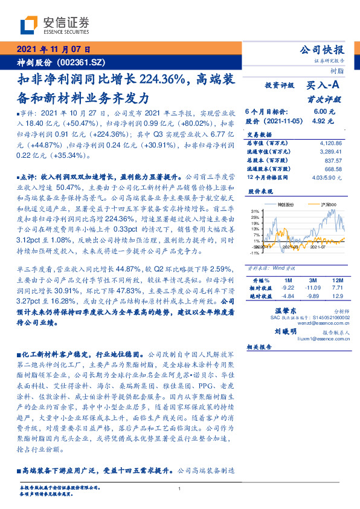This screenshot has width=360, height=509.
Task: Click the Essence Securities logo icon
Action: pyautogui.click(x=28, y=25)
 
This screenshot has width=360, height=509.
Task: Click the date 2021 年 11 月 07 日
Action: pyautogui.click(x=53, y=50)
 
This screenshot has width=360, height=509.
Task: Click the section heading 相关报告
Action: pyautogui.click(x=260, y=348)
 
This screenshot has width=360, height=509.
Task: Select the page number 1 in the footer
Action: pyautogui.click(x=180, y=488)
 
